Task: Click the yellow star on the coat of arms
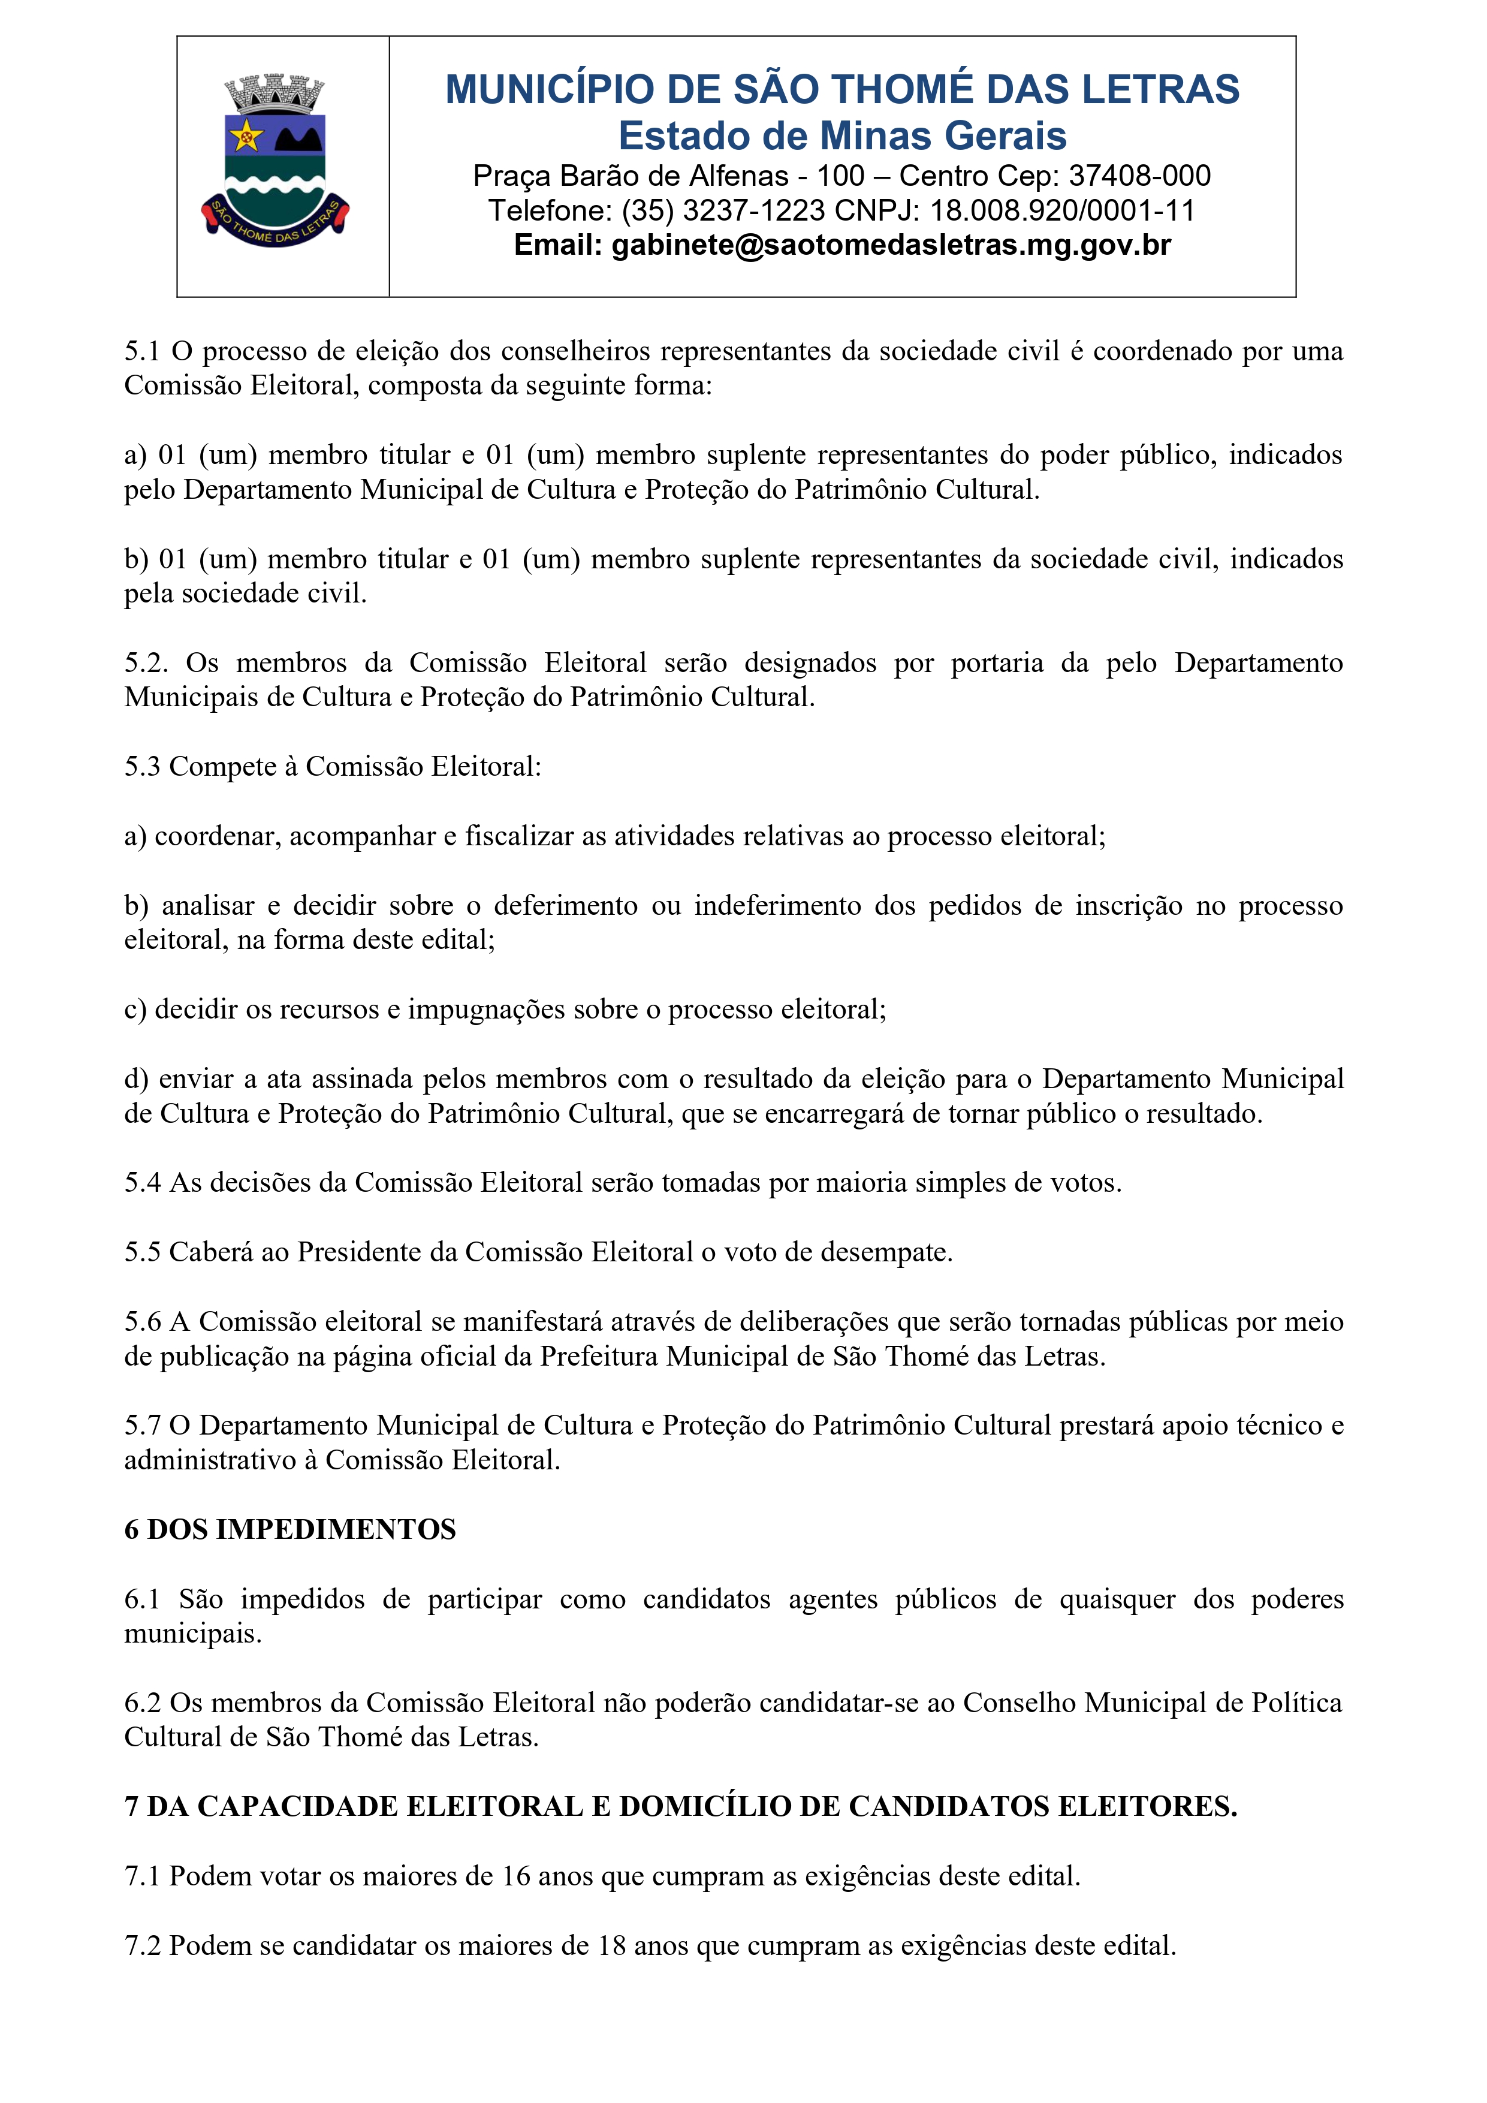245,137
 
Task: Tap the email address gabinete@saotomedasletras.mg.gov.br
891,245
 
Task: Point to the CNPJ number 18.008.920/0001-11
1062,210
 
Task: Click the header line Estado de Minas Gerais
842,135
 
